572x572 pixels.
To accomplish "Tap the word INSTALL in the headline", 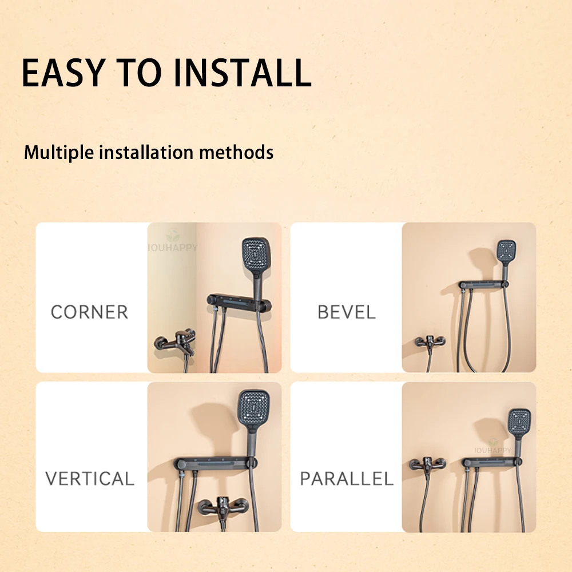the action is (x=242, y=73).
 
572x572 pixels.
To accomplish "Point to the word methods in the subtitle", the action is (x=236, y=152).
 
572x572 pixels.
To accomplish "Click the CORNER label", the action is (x=89, y=312).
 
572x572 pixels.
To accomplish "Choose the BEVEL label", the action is (x=347, y=312).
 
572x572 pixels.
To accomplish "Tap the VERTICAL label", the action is (x=90, y=479).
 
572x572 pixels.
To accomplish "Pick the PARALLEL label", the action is (x=347, y=479).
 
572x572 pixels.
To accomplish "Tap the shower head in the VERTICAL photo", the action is (x=253, y=410).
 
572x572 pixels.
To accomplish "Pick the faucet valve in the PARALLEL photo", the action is (x=427, y=464).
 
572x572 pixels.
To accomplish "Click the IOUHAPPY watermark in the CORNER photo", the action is (x=172, y=247).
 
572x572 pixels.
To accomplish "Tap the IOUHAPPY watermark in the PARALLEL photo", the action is (x=492, y=451).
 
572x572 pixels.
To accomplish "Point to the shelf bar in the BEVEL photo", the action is (x=484, y=284).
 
